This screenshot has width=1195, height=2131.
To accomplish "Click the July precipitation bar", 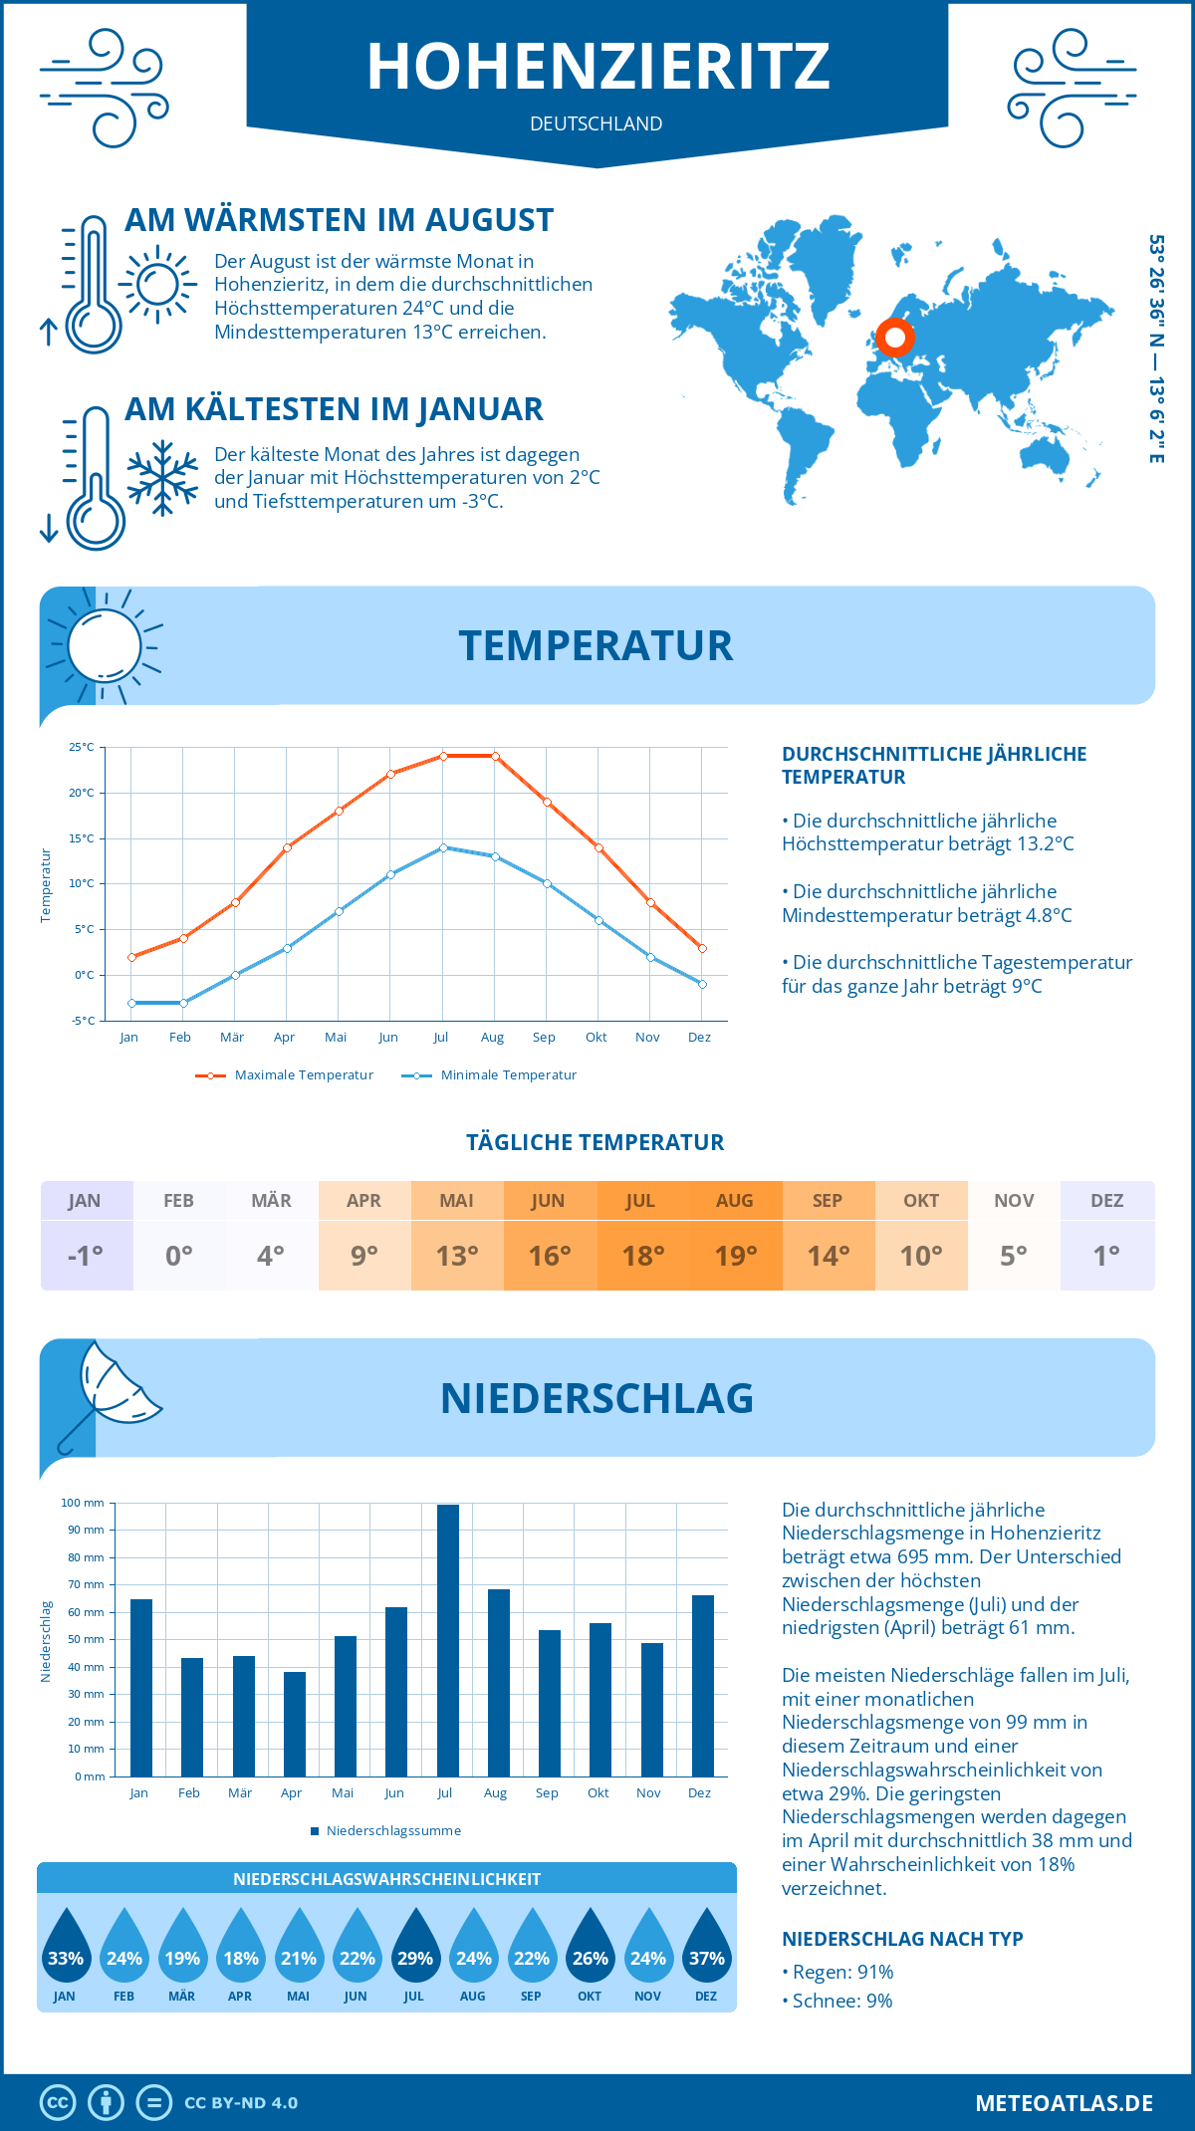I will click(x=448, y=1640).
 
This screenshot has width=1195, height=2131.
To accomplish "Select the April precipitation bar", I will click(x=295, y=1724).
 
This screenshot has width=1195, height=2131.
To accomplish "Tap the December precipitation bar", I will click(x=703, y=1686).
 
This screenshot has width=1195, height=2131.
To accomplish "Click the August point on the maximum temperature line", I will click(x=495, y=757).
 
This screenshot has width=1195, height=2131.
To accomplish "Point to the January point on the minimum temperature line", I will click(x=131, y=1003).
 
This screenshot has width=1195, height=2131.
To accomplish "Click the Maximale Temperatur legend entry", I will click(x=285, y=1075).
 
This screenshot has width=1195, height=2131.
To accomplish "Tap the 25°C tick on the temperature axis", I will click(x=82, y=747).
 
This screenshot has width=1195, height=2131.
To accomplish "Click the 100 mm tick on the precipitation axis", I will click(x=83, y=1503).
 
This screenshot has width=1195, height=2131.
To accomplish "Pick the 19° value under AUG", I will click(x=736, y=1256).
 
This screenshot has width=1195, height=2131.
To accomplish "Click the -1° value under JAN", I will click(x=86, y=1256).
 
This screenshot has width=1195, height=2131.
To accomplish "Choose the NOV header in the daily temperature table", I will click(x=1014, y=1201).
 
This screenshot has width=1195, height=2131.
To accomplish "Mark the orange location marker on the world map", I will click(x=895, y=338).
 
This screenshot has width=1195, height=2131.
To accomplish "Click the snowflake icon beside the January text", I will click(x=162, y=478).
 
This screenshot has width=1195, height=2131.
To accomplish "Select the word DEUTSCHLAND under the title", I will click(x=597, y=123).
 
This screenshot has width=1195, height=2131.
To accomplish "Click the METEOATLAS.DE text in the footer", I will click(x=1065, y=2103).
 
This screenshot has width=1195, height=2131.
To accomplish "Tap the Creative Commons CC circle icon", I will click(x=58, y=2103).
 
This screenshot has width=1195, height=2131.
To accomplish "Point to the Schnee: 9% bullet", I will click(x=837, y=2001).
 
